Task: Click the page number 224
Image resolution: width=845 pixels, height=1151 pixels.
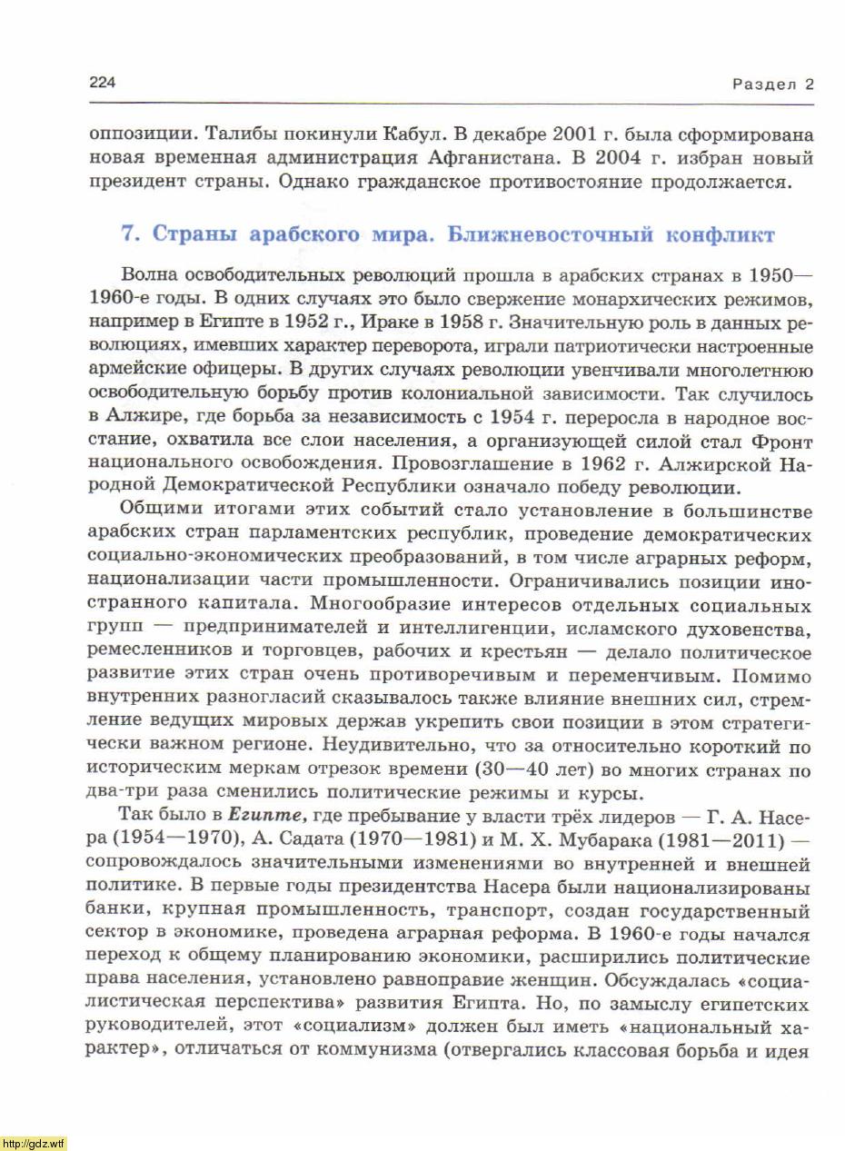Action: [102, 84]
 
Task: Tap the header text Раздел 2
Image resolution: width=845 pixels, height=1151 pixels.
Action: [772, 84]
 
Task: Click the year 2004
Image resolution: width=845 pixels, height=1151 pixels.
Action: [621, 157]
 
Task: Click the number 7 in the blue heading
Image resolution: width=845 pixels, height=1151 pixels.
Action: [129, 235]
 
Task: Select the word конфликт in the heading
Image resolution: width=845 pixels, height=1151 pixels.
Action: [721, 235]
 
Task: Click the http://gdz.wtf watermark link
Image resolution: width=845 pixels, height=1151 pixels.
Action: [34, 1143]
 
